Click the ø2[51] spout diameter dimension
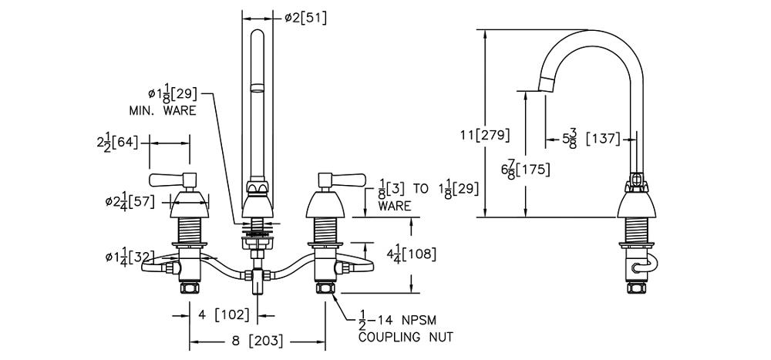305,16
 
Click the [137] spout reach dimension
604,140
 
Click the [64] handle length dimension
118,143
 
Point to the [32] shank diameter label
128,255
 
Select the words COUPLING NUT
406,337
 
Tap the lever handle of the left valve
170,180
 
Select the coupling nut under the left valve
189,289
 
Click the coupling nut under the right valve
325,289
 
